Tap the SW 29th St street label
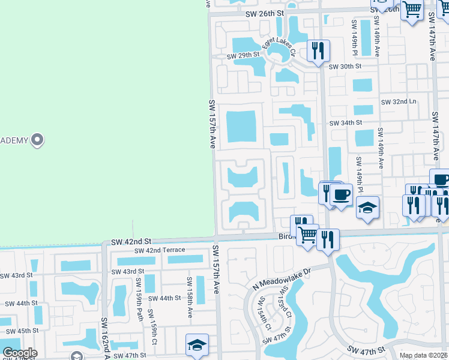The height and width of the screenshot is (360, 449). coord(243,56)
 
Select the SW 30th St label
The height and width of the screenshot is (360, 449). coord(346,66)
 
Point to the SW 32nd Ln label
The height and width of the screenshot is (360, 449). coord(399,102)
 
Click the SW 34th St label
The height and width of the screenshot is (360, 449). coord(346,122)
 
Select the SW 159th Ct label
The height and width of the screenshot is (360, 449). coord(154,324)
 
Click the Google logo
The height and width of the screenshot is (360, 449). coord(20,353)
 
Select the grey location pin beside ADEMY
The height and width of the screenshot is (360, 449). coord(37,140)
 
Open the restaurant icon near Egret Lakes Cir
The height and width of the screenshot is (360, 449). coord(318,50)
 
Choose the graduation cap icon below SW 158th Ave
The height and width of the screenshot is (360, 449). coord(197,345)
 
